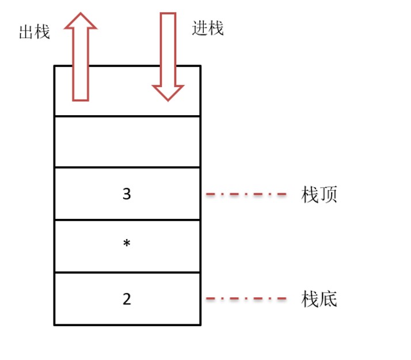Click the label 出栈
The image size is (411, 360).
(35, 32)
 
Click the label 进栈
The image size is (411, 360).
(208, 28)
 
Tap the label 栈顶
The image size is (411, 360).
(319, 194)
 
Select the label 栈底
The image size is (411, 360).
(319, 298)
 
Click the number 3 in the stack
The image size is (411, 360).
(127, 194)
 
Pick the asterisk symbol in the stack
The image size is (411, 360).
(127, 243)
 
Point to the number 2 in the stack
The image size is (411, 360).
(127, 299)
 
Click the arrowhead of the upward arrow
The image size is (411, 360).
(81, 21)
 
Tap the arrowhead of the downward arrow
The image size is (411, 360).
(168, 93)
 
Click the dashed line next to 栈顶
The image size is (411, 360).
(246, 194)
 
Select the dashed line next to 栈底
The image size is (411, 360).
(246, 298)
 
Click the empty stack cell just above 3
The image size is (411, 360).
(127, 142)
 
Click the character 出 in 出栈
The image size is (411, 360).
(26, 32)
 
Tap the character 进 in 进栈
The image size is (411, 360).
(200, 28)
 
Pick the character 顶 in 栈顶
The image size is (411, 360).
(329, 195)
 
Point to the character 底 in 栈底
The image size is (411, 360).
(329, 299)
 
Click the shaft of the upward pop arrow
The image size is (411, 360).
(81, 65)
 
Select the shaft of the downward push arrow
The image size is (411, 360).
(168, 50)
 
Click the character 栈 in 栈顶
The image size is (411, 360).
(310, 195)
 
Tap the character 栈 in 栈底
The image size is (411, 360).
(310, 299)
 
